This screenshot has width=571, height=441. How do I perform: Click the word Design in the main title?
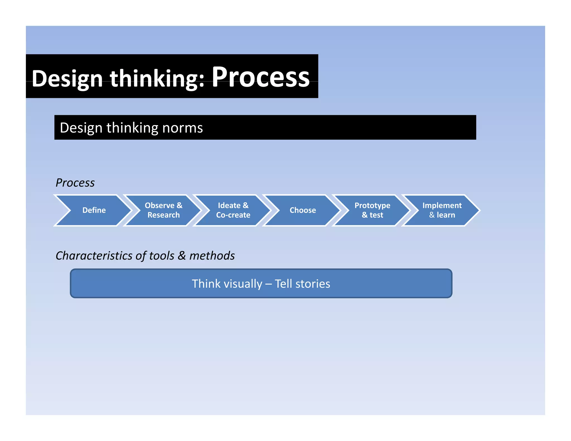(67, 79)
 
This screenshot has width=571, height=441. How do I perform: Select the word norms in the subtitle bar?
(182, 128)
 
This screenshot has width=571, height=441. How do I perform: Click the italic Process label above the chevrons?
(75, 183)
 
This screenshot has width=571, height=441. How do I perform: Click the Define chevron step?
(94, 210)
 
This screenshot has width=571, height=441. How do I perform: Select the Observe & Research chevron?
(163, 210)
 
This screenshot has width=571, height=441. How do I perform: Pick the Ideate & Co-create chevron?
(233, 210)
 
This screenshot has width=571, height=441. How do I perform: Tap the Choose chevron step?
(303, 210)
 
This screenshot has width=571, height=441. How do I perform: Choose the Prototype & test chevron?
(372, 210)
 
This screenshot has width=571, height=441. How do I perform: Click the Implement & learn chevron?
(442, 210)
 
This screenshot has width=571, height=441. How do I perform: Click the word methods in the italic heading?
(212, 256)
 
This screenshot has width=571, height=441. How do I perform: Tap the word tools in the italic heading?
(162, 256)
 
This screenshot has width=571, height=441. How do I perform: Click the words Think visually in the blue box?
(227, 284)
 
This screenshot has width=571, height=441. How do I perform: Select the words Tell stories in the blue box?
(302, 284)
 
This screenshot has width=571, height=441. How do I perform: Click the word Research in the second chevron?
(163, 215)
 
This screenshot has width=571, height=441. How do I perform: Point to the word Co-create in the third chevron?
(233, 215)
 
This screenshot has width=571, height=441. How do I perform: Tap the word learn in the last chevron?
(446, 215)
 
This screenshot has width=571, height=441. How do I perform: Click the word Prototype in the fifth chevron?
(372, 205)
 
